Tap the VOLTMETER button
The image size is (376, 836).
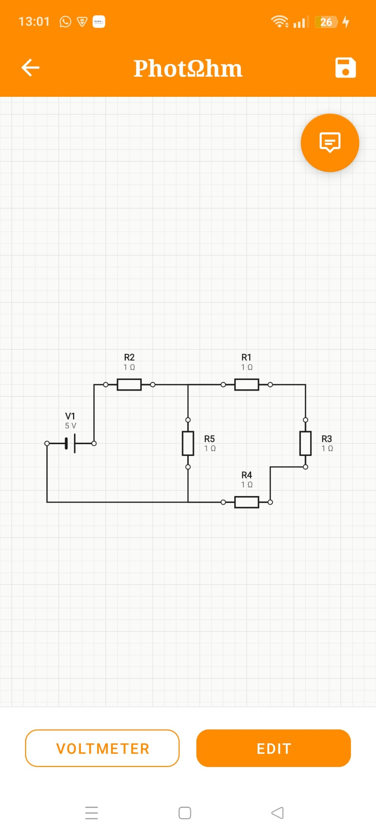point(102,748)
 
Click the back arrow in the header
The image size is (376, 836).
point(30,68)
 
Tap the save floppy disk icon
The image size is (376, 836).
point(345,67)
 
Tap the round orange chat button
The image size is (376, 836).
point(330,143)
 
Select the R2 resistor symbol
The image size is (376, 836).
point(129,385)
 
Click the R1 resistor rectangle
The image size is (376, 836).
point(247,385)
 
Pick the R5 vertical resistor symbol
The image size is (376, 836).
point(188,443)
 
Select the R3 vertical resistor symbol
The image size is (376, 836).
point(305,443)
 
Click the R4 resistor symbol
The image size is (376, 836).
point(247,502)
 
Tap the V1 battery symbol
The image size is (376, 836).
point(70,443)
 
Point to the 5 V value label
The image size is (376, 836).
point(71,426)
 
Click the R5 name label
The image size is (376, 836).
point(209,439)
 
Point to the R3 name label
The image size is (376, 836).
point(327,439)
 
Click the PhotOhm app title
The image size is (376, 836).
point(188,68)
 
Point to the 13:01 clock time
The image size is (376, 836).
point(34,22)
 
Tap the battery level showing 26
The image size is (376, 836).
point(326,22)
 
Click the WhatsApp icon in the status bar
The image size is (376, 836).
point(65,22)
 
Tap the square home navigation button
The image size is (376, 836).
point(185,813)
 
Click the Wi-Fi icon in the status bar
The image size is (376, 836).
point(280,22)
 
